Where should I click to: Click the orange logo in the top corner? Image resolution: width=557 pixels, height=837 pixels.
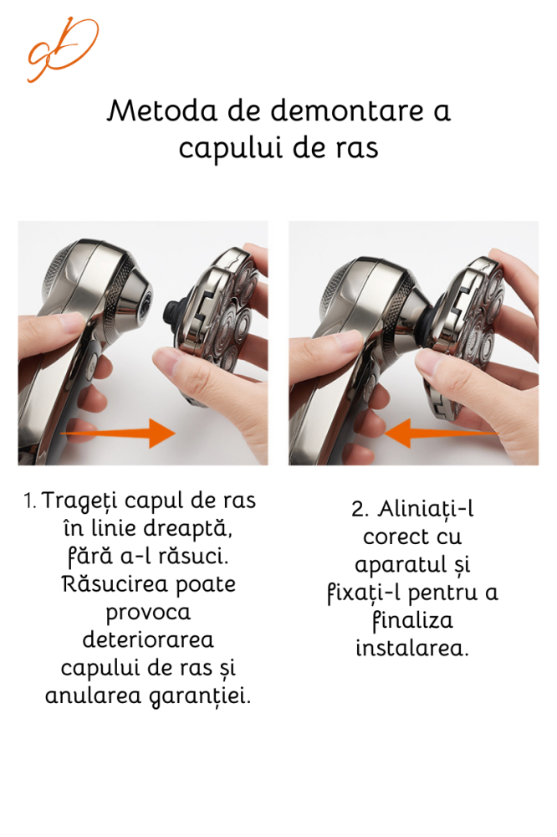tap(62, 49)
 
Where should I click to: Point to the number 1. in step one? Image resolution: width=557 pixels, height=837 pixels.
tap(30, 501)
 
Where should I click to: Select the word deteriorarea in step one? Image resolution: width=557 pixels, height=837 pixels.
tap(148, 640)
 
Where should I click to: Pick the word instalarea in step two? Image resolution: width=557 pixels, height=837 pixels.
tap(411, 648)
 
